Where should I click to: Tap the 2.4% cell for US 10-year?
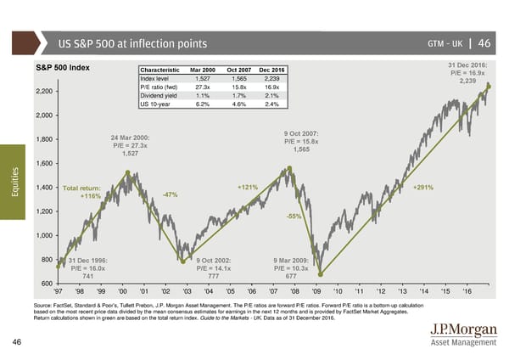click(272, 104)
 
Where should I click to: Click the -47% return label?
click(170, 195)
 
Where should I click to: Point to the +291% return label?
click(423, 188)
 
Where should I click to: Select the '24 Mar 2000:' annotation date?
click(130, 137)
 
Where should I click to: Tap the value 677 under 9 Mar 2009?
click(291, 276)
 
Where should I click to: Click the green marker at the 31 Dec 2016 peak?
click(489, 87)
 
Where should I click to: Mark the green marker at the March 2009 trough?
click(321, 273)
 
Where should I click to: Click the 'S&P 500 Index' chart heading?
click(64, 68)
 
